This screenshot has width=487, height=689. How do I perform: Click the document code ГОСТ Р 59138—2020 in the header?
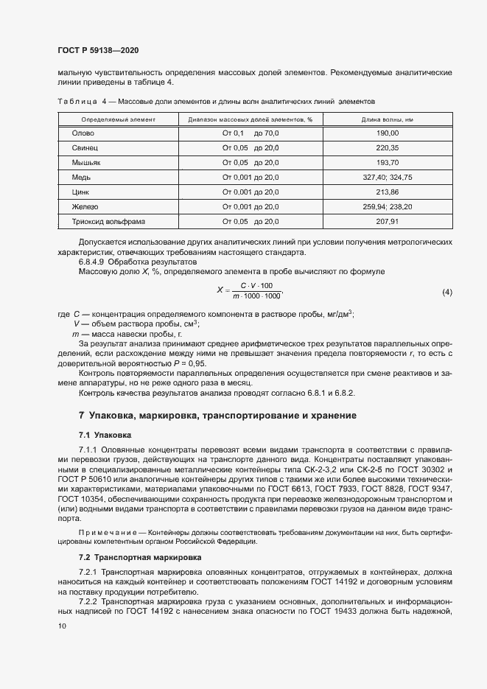(97, 51)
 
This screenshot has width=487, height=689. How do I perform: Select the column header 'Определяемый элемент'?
(118, 119)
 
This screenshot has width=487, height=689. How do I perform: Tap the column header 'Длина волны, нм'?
(387, 119)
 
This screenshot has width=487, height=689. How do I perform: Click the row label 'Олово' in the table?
(83, 133)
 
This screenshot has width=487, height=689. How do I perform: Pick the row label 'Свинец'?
(85, 148)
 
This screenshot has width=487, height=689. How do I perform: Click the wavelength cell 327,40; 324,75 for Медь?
(387, 178)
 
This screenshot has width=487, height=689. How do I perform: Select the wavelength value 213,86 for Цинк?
(387, 192)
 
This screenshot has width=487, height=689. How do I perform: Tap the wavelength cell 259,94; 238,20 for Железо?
(387, 207)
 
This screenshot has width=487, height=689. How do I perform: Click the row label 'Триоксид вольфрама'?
(108, 222)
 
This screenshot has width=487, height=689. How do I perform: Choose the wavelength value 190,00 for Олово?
(387, 133)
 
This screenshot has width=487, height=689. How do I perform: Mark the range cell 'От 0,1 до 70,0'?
(250, 133)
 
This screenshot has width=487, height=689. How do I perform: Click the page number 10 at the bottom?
(61, 626)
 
